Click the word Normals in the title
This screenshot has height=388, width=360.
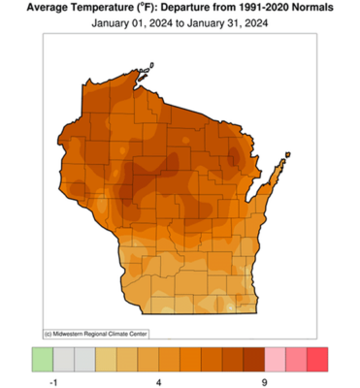(x=328, y=8)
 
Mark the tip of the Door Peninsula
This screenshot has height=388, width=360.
(x=289, y=151)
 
